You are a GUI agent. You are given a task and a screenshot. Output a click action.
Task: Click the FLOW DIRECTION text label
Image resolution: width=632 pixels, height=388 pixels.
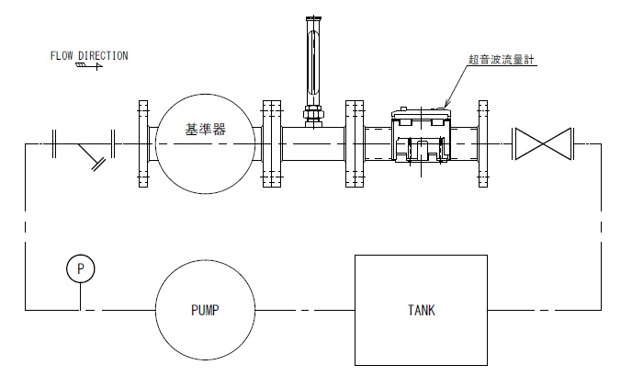click(89, 55)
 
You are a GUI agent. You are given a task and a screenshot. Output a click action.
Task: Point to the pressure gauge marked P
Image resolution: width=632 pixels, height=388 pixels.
click(81, 268)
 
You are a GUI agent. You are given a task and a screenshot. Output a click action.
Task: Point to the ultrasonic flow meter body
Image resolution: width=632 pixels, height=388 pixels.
click(420, 143)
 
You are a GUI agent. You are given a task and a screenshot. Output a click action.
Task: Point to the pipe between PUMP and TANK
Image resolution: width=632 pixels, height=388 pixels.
click(302, 311)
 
